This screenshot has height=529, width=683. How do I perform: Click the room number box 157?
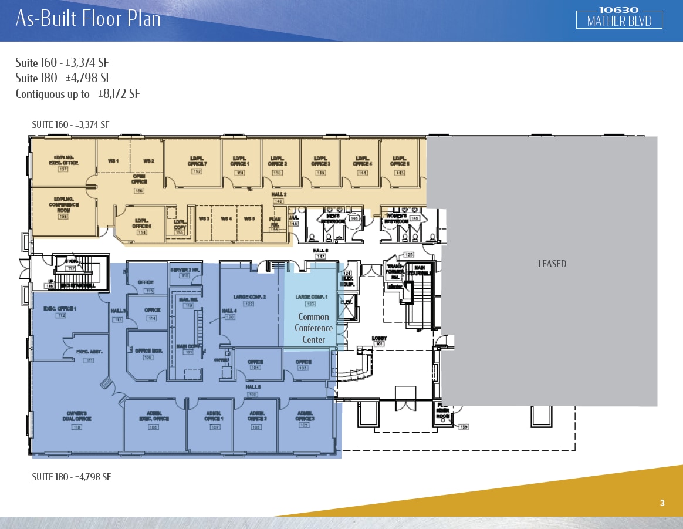pyautogui.click(x=63, y=170)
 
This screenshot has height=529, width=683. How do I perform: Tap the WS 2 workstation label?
pyautogui.click(x=149, y=161)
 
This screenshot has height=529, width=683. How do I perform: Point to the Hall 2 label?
pyautogui.click(x=279, y=194)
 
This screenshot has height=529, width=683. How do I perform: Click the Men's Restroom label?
pyautogui.click(x=333, y=219)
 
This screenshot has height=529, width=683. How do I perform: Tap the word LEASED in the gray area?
pyautogui.click(x=552, y=264)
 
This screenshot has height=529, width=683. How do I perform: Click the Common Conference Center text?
pyautogui.click(x=313, y=328)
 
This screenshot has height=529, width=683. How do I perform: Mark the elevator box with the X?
pyautogui.click(x=347, y=308)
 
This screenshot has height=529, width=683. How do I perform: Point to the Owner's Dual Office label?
pyautogui.click(x=76, y=419)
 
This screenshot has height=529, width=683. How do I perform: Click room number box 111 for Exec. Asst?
pyautogui.click(x=89, y=360)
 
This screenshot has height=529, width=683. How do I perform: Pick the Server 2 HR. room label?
pyautogui.click(x=185, y=269)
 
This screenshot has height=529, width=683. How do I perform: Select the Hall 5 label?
pyautogui.click(x=253, y=387)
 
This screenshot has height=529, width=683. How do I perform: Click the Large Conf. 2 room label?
pyautogui.click(x=249, y=297)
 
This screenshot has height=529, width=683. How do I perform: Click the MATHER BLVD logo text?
pyautogui.click(x=619, y=22)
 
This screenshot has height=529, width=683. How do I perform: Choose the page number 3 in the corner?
pyautogui.click(x=662, y=503)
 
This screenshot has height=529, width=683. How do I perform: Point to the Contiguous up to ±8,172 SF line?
pyautogui.click(x=77, y=94)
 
